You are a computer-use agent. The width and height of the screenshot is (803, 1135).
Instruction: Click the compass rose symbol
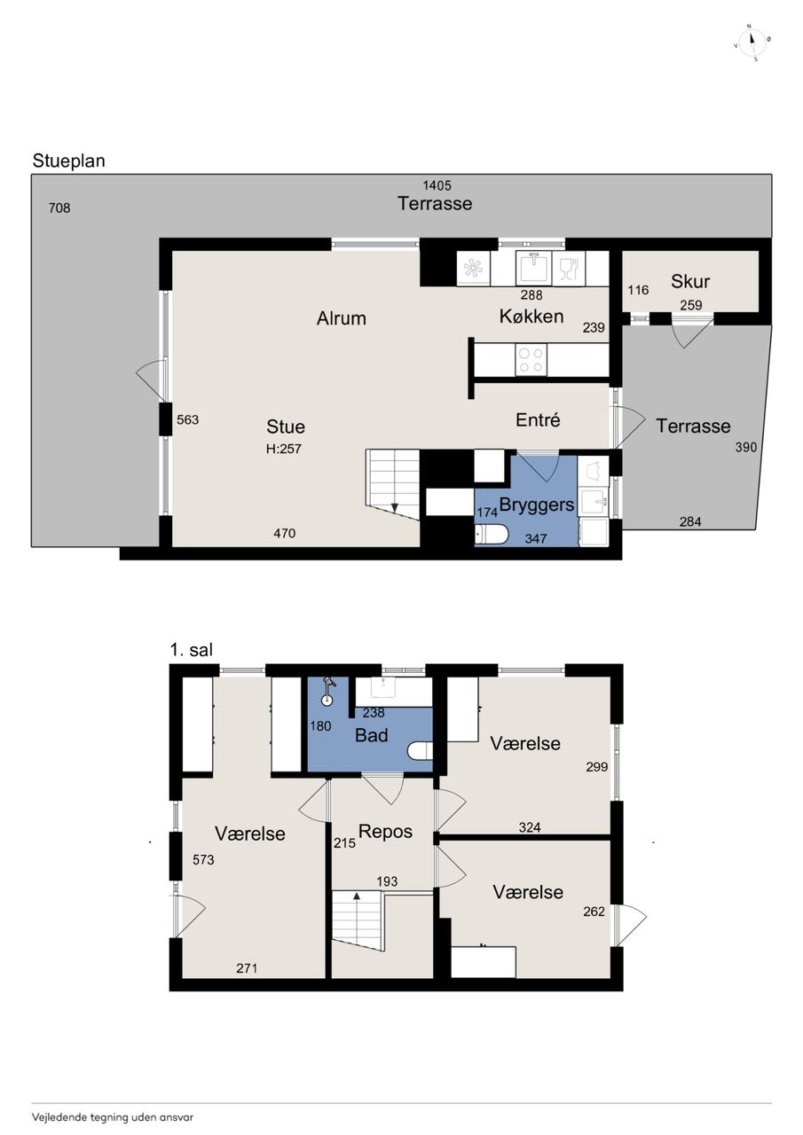(x=752, y=42)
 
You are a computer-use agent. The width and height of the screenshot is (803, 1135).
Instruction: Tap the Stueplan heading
(x=69, y=161)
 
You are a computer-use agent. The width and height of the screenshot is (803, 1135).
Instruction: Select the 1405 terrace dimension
(x=437, y=185)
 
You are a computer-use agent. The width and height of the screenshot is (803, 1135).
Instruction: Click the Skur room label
(x=690, y=281)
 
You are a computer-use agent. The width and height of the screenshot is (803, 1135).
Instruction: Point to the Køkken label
(x=531, y=317)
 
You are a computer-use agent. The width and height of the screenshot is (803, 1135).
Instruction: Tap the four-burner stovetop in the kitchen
(x=531, y=360)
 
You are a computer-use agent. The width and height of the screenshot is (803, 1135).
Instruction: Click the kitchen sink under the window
(x=532, y=268)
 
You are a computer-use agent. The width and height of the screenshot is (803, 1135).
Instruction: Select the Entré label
(x=538, y=420)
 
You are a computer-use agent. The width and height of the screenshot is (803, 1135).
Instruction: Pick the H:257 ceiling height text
(x=284, y=449)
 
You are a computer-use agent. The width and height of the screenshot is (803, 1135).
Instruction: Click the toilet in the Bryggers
(x=492, y=535)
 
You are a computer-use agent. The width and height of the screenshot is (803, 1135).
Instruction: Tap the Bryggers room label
(x=537, y=505)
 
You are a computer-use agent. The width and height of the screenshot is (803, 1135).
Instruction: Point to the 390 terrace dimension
(x=745, y=447)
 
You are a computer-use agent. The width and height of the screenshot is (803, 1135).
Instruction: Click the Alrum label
(x=342, y=318)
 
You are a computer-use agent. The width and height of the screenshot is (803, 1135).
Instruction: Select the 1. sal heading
(x=192, y=650)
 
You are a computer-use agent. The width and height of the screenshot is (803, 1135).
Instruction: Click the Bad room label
(x=372, y=735)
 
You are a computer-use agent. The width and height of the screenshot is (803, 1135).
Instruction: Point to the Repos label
(x=385, y=832)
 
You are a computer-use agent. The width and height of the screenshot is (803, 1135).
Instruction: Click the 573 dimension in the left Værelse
(x=203, y=859)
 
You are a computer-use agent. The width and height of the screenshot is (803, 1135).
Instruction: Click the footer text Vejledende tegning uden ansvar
(x=113, y=1116)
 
